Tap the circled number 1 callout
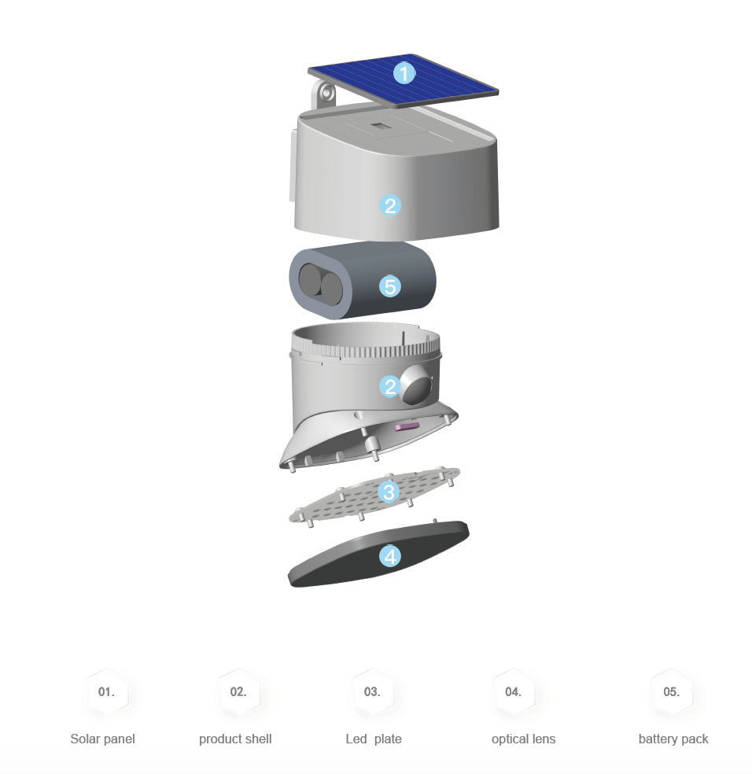point(404,74)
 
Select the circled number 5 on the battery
point(390,286)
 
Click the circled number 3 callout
point(389,492)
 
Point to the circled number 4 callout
point(390,557)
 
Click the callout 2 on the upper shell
point(390,206)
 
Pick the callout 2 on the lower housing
point(390,386)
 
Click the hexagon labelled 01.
point(106,692)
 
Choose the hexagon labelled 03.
point(372,692)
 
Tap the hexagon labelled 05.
point(671,692)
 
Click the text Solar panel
point(102,739)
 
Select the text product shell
point(235,739)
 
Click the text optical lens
point(523,739)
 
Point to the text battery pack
point(673,739)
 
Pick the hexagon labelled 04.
point(513,692)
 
